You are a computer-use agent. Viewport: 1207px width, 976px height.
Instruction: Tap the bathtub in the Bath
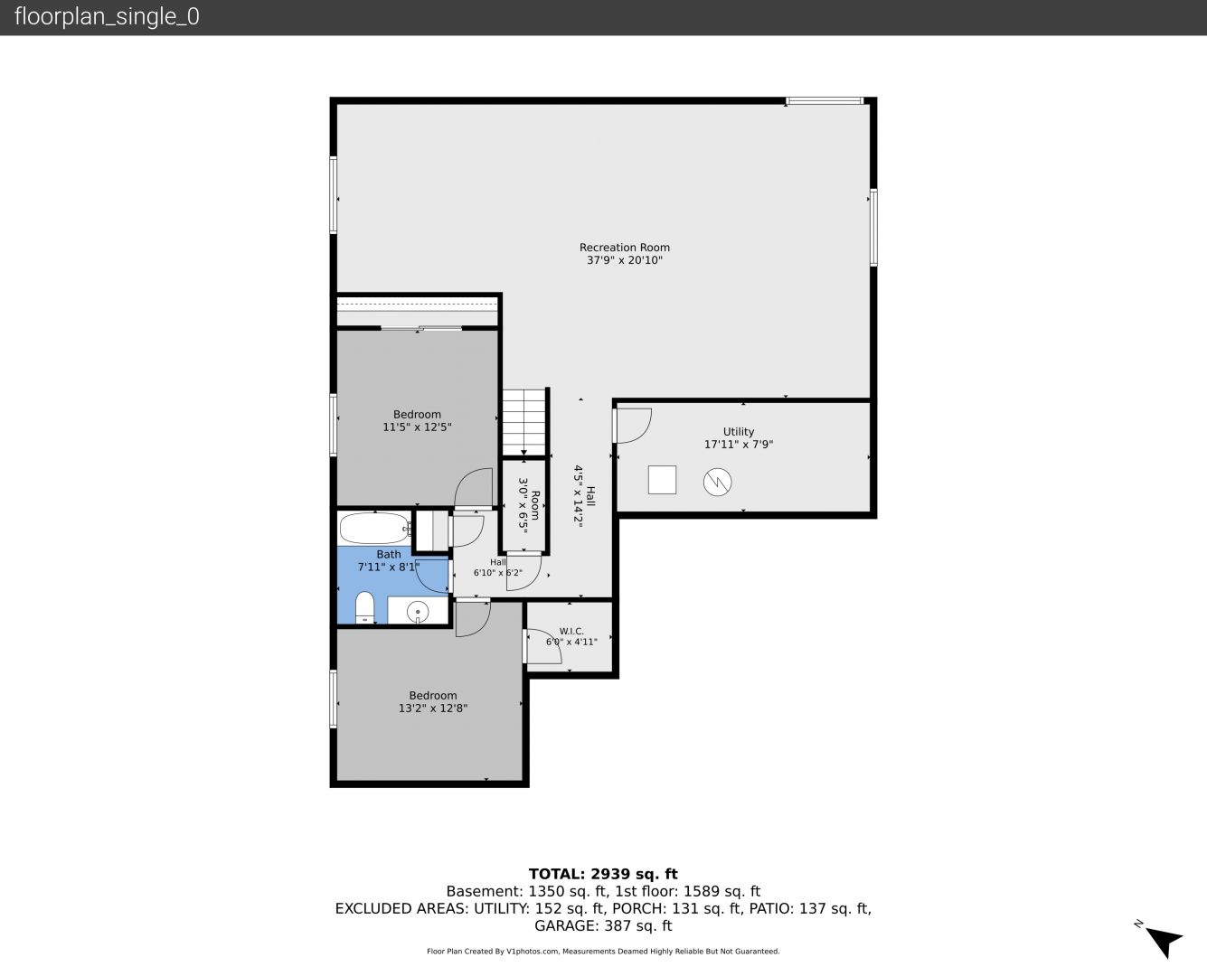coord(375,528)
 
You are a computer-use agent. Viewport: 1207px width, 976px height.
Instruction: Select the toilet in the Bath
coord(364,607)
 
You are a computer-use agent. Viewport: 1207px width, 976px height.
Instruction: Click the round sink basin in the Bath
coord(418,612)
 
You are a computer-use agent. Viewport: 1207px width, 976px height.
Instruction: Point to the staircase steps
coord(524,422)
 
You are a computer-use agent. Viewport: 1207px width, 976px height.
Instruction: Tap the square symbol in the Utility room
coord(662,480)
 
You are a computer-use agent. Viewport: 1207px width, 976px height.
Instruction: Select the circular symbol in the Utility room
coord(717,483)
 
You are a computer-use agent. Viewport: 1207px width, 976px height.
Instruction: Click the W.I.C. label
coord(571,631)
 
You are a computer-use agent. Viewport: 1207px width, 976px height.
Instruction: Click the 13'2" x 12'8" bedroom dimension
coord(433,709)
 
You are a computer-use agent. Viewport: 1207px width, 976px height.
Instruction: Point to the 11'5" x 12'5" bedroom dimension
coord(417,427)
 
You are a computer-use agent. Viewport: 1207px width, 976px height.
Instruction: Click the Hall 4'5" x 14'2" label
coord(584,497)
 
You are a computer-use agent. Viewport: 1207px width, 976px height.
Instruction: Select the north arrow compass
coord(1164,941)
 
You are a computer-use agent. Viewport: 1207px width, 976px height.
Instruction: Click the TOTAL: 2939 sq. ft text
coord(603,874)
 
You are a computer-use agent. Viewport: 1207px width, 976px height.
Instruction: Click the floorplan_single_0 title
coord(107,16)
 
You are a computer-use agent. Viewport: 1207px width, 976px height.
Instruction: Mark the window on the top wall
coord(825,101)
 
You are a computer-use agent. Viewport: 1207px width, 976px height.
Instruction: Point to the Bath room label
coord(389,555)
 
